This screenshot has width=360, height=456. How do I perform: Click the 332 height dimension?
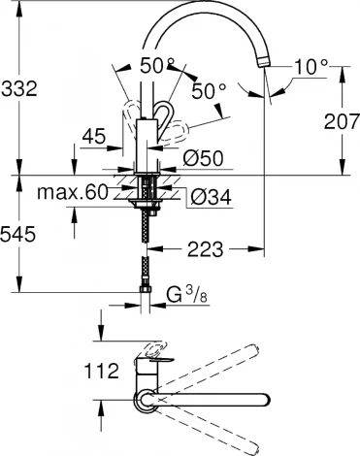(19, 88)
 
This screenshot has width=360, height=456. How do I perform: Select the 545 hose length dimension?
(17, 234)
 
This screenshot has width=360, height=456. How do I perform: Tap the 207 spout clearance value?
(342, 121)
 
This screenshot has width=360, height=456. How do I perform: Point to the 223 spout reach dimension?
(206, 249)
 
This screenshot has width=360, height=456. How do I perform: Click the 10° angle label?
(311, 68)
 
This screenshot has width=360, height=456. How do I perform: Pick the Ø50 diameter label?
(203, 158)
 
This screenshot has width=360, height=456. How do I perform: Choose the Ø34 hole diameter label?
(211, 197)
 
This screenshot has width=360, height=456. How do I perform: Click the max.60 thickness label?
(72, 192)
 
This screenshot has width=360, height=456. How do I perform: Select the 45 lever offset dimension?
(94, 136)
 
